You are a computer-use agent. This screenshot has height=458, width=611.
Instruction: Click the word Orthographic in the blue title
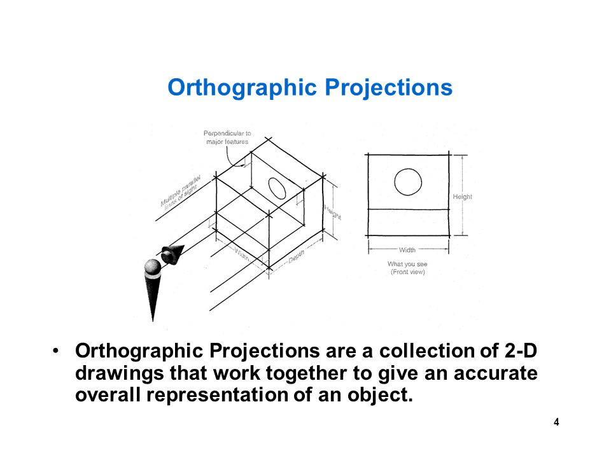[x=242, y=88]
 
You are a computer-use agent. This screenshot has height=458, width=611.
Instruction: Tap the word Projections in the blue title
[x=388, y=88]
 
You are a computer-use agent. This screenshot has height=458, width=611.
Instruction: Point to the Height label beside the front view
[x=462, y=197]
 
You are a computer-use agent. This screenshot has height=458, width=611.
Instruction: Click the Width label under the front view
[x=407, y=249]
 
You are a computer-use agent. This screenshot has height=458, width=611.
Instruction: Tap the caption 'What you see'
[x=407, y=264]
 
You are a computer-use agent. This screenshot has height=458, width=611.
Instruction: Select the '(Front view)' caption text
[x=407, y=272]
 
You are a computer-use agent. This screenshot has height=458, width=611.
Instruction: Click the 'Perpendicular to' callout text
[x=227, y=133]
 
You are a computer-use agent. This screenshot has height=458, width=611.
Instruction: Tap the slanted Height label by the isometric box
[x=333, y=212]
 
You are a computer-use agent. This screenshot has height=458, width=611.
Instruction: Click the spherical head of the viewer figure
[x=152, y=267]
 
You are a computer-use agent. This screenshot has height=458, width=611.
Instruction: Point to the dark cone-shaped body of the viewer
[x=152, y=296]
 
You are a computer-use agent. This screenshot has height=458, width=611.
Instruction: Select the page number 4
[x=556, y=422]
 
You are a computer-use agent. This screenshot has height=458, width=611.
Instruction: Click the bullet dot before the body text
[x=56, y=350]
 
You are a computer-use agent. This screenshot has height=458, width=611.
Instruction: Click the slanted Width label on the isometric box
[x=242, y=254]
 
